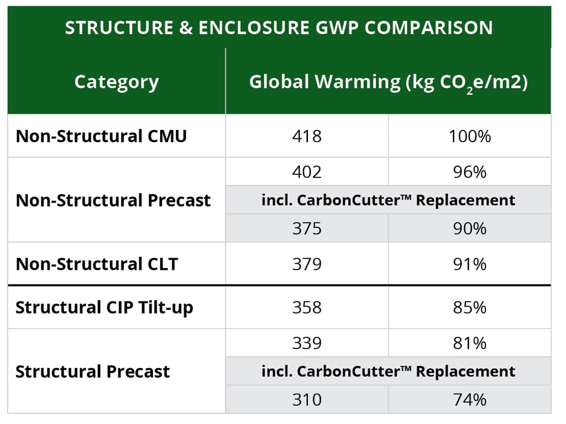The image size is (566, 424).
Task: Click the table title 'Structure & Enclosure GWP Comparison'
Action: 279,28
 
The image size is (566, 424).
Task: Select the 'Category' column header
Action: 116,82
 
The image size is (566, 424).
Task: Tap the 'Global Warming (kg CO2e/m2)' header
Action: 388,82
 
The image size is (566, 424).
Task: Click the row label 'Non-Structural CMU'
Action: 101,136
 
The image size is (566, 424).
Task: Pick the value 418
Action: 307,136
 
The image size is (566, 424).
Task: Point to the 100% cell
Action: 469,136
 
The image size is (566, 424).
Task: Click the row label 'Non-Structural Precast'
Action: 113,200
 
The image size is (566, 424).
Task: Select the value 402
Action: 307,172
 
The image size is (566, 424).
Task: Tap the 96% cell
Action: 469,172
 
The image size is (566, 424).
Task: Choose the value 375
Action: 307,228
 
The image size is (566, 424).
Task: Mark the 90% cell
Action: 469,228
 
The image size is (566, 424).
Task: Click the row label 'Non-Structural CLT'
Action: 97,264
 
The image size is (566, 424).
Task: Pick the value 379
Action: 307,264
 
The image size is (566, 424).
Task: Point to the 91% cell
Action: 469,264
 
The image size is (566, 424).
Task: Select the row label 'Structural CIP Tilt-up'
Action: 104,308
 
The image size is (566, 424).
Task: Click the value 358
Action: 307,308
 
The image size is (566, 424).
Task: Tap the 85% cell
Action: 469,308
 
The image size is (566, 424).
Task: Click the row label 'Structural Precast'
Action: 92,371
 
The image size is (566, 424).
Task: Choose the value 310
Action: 307,400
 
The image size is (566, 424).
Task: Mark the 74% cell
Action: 469,400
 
